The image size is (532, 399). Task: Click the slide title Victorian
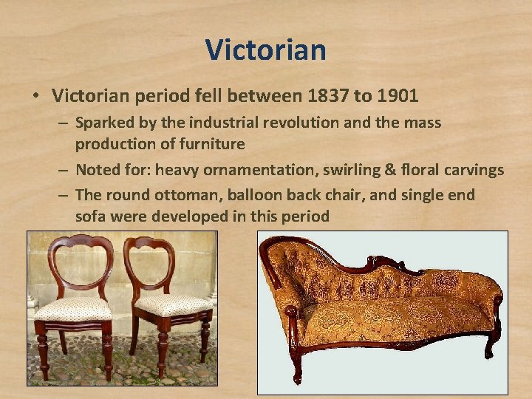click(x=265, y=50)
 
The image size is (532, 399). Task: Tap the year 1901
click(x=397, y=95)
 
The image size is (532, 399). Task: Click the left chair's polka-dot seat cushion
click(x=72, y=307)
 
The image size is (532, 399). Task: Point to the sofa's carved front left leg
click(x=297, y=362)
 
